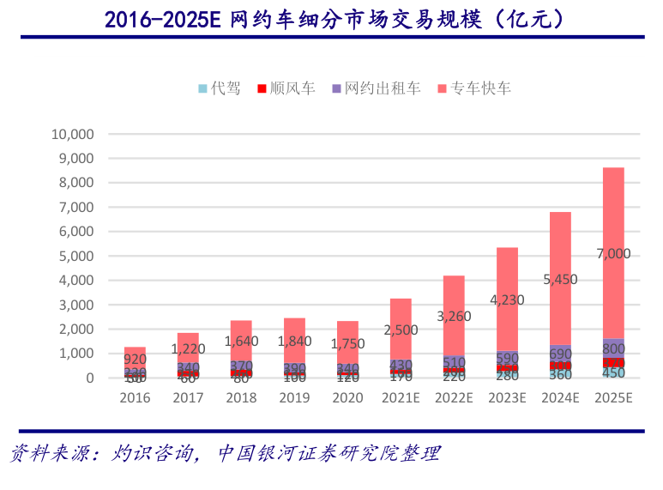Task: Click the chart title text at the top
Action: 332,18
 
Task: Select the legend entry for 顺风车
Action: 286,88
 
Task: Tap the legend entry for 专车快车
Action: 473,88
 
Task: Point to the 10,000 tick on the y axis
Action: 73,134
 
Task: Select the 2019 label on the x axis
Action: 294,397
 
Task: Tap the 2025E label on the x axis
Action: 613,397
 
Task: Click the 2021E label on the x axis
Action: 401,397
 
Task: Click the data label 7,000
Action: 613,253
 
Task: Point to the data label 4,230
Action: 507,300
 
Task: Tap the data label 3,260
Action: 454,316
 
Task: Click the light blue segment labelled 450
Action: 613,372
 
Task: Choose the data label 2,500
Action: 401,330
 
